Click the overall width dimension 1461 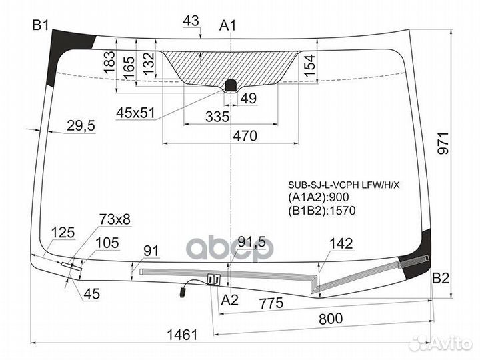click(x=183, y=335)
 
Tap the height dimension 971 click(x=443, y=143)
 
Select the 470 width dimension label click(x=245, y=135)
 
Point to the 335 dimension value click(x=217, y=117)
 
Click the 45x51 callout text click(x=135, y=113)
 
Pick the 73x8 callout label click(x=115, y=219)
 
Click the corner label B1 click(x=41, y=25)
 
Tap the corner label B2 click(x=441, y=278)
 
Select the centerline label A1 click(x=228, y=26)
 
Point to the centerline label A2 click(x=229, y=300)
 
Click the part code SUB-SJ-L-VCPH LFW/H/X click(x=344, y=185)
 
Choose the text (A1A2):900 click(x=319, y=197)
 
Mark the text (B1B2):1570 click(x=322, y=211)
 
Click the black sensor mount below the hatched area click(x=231, y=85)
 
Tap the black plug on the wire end click(x=183, y=291)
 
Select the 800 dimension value click(x=331, y=319)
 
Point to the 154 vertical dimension click(x=309, y=65)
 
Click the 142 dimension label click(x=341, y=244)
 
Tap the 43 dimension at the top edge click(x=191, y=21)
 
